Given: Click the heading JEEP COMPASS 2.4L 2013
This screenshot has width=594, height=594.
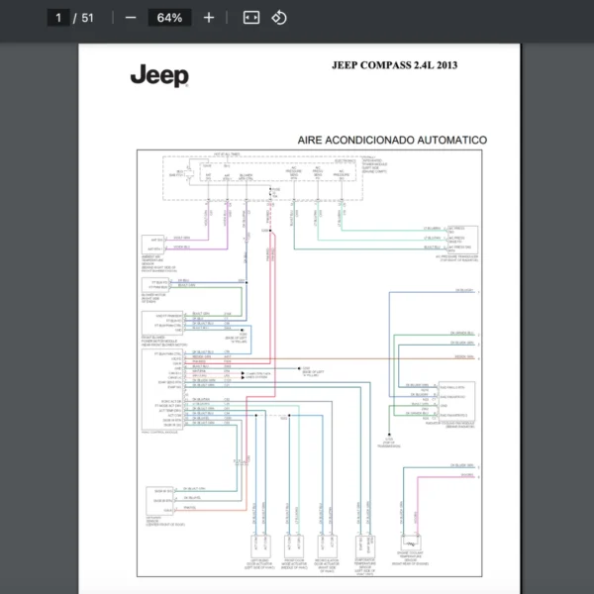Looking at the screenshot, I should click(394, 65).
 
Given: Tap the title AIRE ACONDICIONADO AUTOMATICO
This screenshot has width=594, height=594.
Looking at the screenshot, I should click(392, 141).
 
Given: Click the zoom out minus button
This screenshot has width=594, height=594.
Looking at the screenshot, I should click(131, 18).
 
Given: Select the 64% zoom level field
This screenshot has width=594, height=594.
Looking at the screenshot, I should click(169, 18).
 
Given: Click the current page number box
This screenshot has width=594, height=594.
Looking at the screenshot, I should click(59, 18).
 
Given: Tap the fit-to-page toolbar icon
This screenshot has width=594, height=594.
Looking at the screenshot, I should click(250, 18).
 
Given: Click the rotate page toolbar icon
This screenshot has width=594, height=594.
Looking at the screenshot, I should click(279, 18).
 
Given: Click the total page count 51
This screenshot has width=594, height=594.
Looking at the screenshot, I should click(88, 18).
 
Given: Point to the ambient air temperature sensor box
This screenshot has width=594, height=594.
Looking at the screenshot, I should click(154, 243).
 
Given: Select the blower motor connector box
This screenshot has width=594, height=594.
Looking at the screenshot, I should click(155, 284).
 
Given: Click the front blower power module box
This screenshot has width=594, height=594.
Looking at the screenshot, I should click(156, 322).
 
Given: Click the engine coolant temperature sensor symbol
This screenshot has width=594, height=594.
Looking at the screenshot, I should click(409, 543).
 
